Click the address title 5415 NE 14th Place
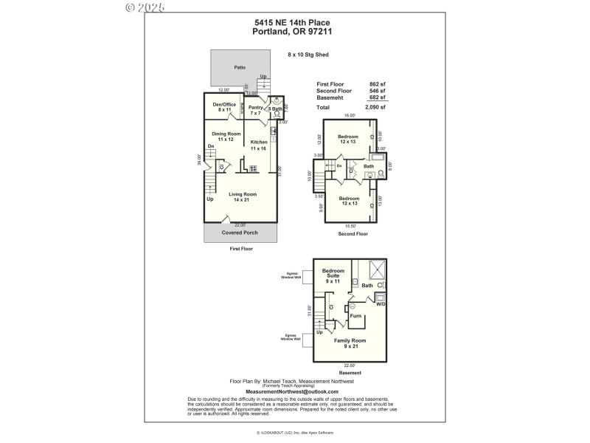coord(294,22)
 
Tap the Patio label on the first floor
coord(240,67)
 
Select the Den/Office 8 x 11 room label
coord(224,107)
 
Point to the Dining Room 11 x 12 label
coord(226,137)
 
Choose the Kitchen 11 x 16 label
coord(259,145)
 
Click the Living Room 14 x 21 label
coord(241,196)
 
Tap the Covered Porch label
coord(240,232)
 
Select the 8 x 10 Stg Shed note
coord(307,54)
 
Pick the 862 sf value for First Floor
coord(378,83)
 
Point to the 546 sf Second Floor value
coord(378,91)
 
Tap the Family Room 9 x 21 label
coord(350,343)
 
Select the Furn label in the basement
coord(355,315)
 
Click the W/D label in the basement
coord(381,303)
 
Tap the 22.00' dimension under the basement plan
coord(350,365)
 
